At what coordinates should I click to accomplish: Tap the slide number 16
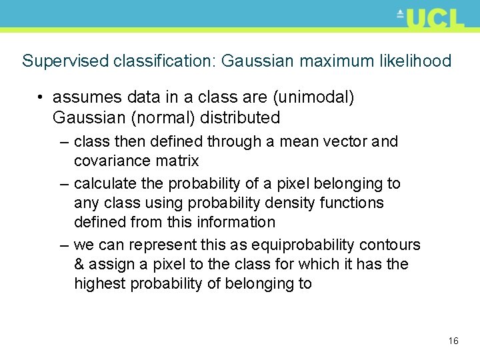[x=453, y=341]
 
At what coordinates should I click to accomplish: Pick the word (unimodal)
[x=313, y=97]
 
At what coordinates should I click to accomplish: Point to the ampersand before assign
[x=79, y=264]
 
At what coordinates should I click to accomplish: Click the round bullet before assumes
[x=41, y=98]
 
